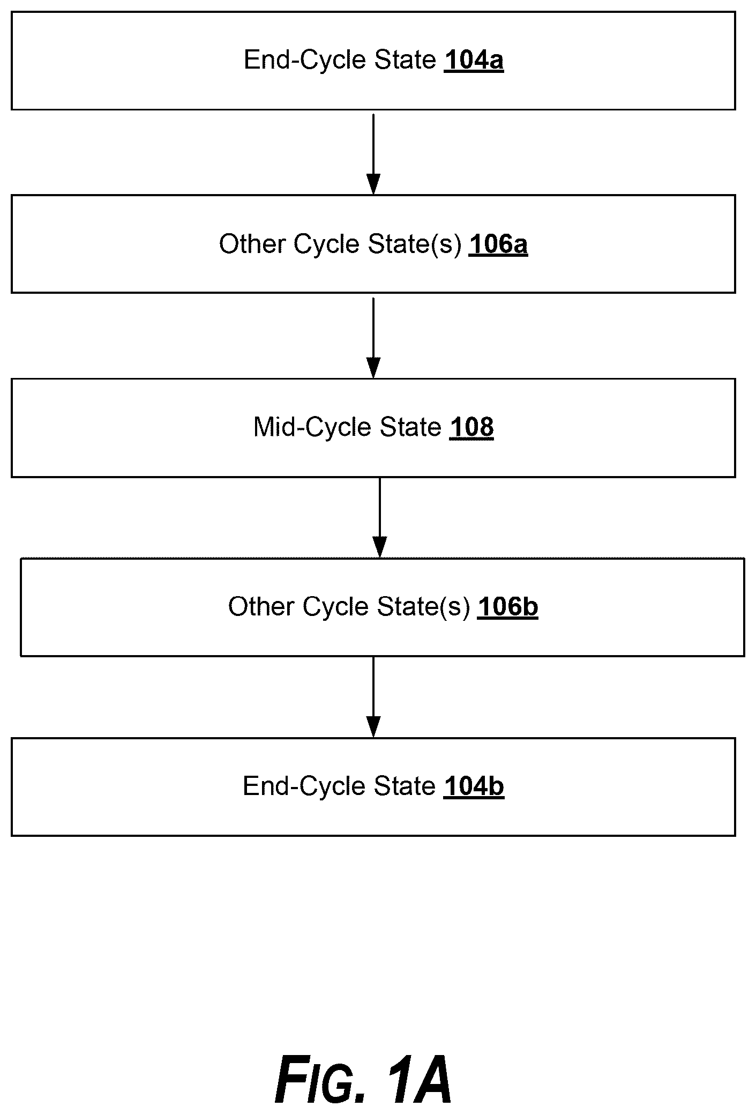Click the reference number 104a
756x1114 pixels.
[474, 60]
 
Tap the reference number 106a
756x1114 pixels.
[498, 244]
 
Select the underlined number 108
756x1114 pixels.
[471, 428]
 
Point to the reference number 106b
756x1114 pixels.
[507, 607]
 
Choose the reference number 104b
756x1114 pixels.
[474, 786]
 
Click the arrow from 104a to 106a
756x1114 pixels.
[373, 154]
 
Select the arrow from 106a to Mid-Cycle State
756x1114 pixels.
[373, 338]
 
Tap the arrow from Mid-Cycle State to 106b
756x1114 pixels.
[380, 518]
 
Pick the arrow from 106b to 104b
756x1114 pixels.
[373, 697]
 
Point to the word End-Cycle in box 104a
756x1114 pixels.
[305, 60]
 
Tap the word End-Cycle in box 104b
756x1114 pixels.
[304, 786]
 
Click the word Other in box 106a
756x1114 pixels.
[252, 244]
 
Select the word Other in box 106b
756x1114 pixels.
[261, 607]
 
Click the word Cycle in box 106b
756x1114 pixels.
[335, 607]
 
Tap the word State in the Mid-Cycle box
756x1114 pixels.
[410, 428]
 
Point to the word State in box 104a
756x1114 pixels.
[405, 60]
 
